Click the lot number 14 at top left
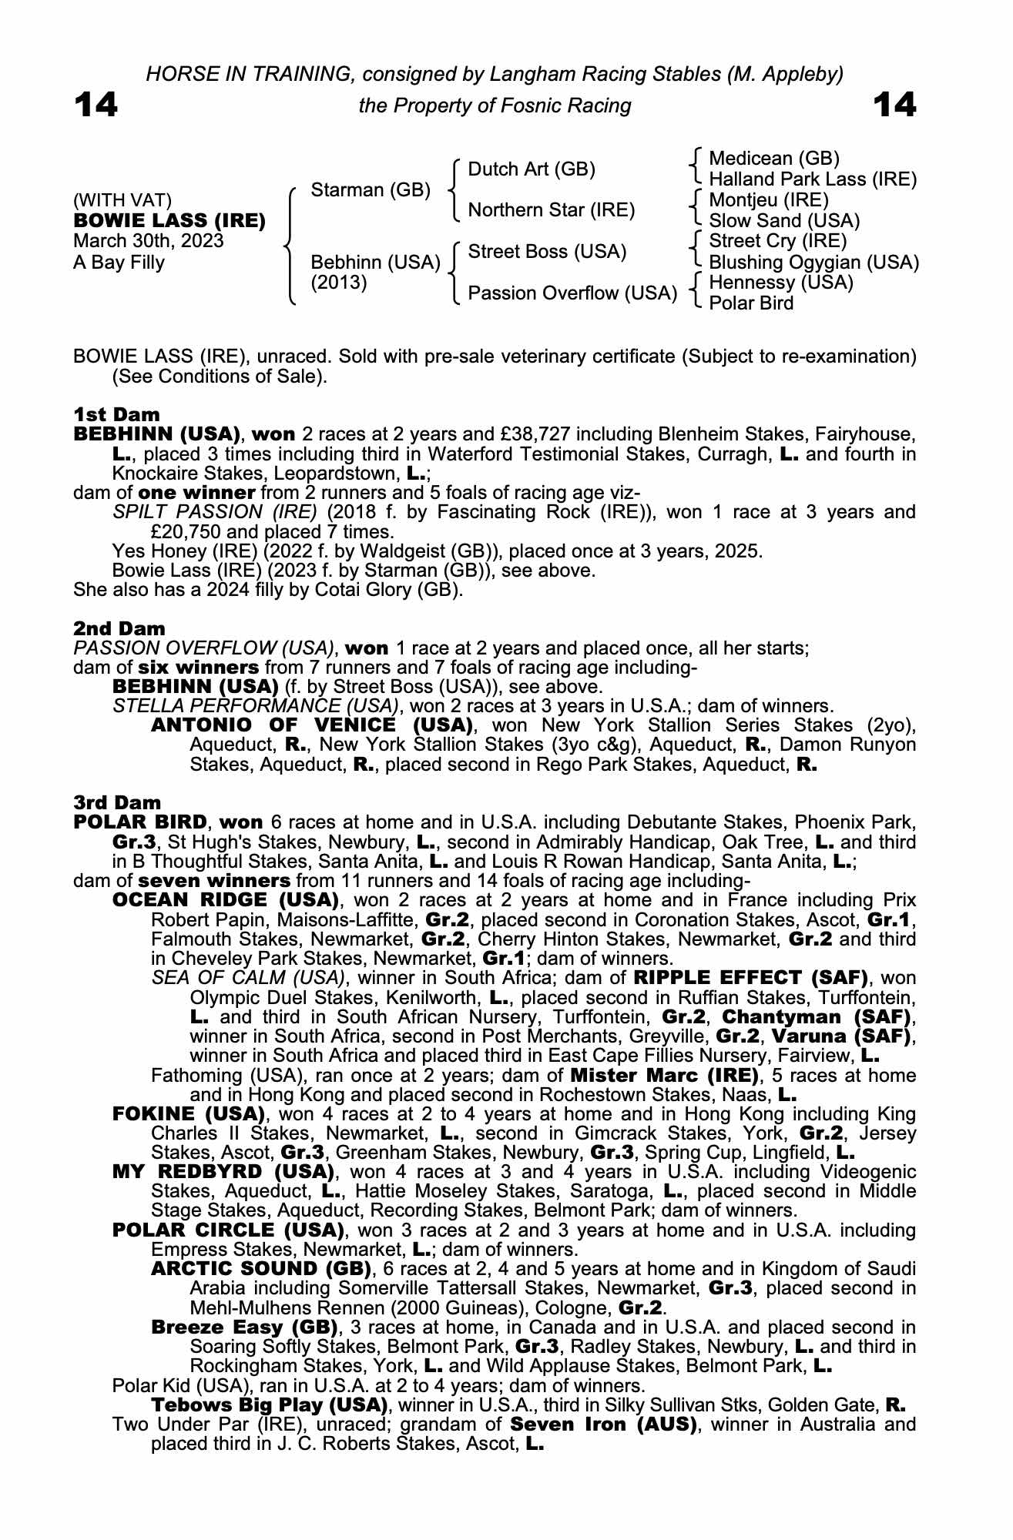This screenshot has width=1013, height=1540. [96, 105]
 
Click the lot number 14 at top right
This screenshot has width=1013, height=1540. [895, 105]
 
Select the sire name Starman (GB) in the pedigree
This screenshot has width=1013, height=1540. [370, 190]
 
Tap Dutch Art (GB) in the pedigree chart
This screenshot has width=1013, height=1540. [532, 169]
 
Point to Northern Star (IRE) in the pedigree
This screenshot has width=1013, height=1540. [551, 210]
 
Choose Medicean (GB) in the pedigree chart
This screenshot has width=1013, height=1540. [773, 159]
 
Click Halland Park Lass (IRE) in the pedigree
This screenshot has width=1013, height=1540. [813, 179]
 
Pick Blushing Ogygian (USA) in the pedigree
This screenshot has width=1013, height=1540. [813, 263]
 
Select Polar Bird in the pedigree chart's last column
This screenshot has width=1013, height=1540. [751, 303]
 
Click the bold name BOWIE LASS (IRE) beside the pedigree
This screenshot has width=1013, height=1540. [169, 221]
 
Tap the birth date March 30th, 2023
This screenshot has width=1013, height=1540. [149, 241]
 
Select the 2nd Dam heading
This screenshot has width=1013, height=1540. [108, 628]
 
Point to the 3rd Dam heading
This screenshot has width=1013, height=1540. [106, 803]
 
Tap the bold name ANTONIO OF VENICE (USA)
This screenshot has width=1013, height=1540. [312, 725]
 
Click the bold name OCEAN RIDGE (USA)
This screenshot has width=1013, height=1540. [226, 900]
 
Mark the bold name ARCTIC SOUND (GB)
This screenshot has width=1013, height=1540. [262, 1269]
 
